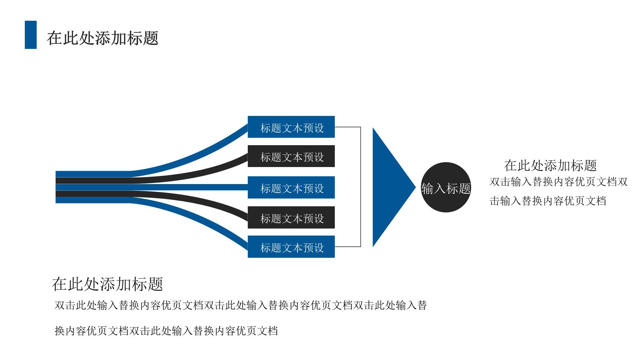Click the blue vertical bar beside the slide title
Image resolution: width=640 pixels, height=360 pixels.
pos(31,35)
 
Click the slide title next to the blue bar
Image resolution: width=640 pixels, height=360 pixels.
pos(103,38)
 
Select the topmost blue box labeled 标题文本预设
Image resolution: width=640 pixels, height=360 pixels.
pos(291,127)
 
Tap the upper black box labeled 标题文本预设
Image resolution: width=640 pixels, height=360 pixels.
pos(291,156)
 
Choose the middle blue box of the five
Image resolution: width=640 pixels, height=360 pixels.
pos(291,187)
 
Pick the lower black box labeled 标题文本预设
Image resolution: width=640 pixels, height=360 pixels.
pos(291,217)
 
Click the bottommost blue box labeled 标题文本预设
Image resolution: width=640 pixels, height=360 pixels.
pos(291,247)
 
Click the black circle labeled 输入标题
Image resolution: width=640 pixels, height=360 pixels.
pos(446,187)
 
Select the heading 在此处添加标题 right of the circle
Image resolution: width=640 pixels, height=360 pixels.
pos(550,166)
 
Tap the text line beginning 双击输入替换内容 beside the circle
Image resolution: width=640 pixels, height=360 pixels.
pos(559,182)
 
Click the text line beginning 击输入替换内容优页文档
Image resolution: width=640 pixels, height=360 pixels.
pos(548,201)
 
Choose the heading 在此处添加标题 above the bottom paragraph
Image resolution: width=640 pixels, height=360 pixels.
pos(107,284)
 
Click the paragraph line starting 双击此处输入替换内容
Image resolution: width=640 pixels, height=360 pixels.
pos(241,306)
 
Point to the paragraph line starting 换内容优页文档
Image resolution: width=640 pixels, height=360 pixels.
pos(166,331)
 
